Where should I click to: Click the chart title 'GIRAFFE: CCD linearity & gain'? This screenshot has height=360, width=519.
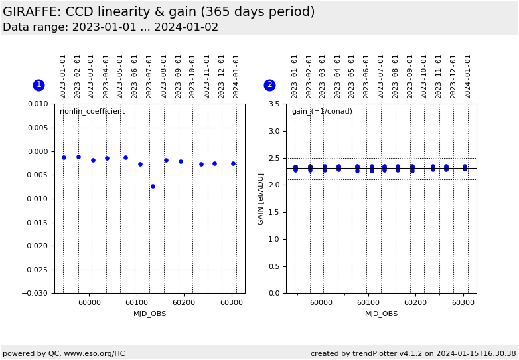click(x=159, y=12)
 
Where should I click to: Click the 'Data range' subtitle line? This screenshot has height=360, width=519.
click(x=110, y=27)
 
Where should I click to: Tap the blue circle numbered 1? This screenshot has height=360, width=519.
click(x=38, y=85)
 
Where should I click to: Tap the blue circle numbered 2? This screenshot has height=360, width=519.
click(x=269, y=85)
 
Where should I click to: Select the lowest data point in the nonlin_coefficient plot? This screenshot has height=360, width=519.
click(x=153, y=186)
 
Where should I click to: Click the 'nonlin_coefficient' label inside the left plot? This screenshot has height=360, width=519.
click(x=92, y=112)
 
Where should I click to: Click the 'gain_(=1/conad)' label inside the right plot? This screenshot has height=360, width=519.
click(x=322, y=112)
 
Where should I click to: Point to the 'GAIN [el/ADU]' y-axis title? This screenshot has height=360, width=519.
click(x=261, y=199)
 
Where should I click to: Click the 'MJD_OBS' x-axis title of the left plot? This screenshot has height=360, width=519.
click(x=150, y=314)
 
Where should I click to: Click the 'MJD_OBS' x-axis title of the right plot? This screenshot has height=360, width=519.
click(x=382, y=314)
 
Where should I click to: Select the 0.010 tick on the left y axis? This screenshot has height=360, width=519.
click(x=38, y=104)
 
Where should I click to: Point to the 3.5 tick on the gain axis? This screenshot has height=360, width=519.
click(x=274, y=104)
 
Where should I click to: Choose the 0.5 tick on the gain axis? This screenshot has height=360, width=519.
click(x=274, y=266)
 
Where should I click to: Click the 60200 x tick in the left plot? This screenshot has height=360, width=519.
click(x=184, y=302)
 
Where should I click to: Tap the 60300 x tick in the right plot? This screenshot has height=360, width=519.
click(x=463, y=302)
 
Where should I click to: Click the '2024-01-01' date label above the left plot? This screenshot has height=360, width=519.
click(x=236, y=76)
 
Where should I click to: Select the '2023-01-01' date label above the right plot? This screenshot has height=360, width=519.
click(x=295, y=76)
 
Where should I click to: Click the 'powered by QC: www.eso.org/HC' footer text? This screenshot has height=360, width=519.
click(x=64, y=353)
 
